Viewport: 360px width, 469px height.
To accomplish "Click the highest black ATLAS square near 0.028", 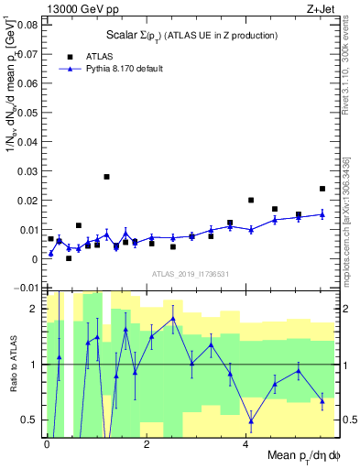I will tap(106, 177).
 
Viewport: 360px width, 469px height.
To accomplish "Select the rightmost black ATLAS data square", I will tap(322, 189).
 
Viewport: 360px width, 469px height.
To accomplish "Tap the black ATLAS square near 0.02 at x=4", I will tap(251, 200).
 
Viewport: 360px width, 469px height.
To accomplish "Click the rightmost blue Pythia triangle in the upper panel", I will tap(322, 214).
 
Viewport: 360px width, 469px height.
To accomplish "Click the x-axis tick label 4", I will tap(245, 443).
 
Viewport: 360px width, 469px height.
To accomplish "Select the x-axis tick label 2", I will tap(147, 443).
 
